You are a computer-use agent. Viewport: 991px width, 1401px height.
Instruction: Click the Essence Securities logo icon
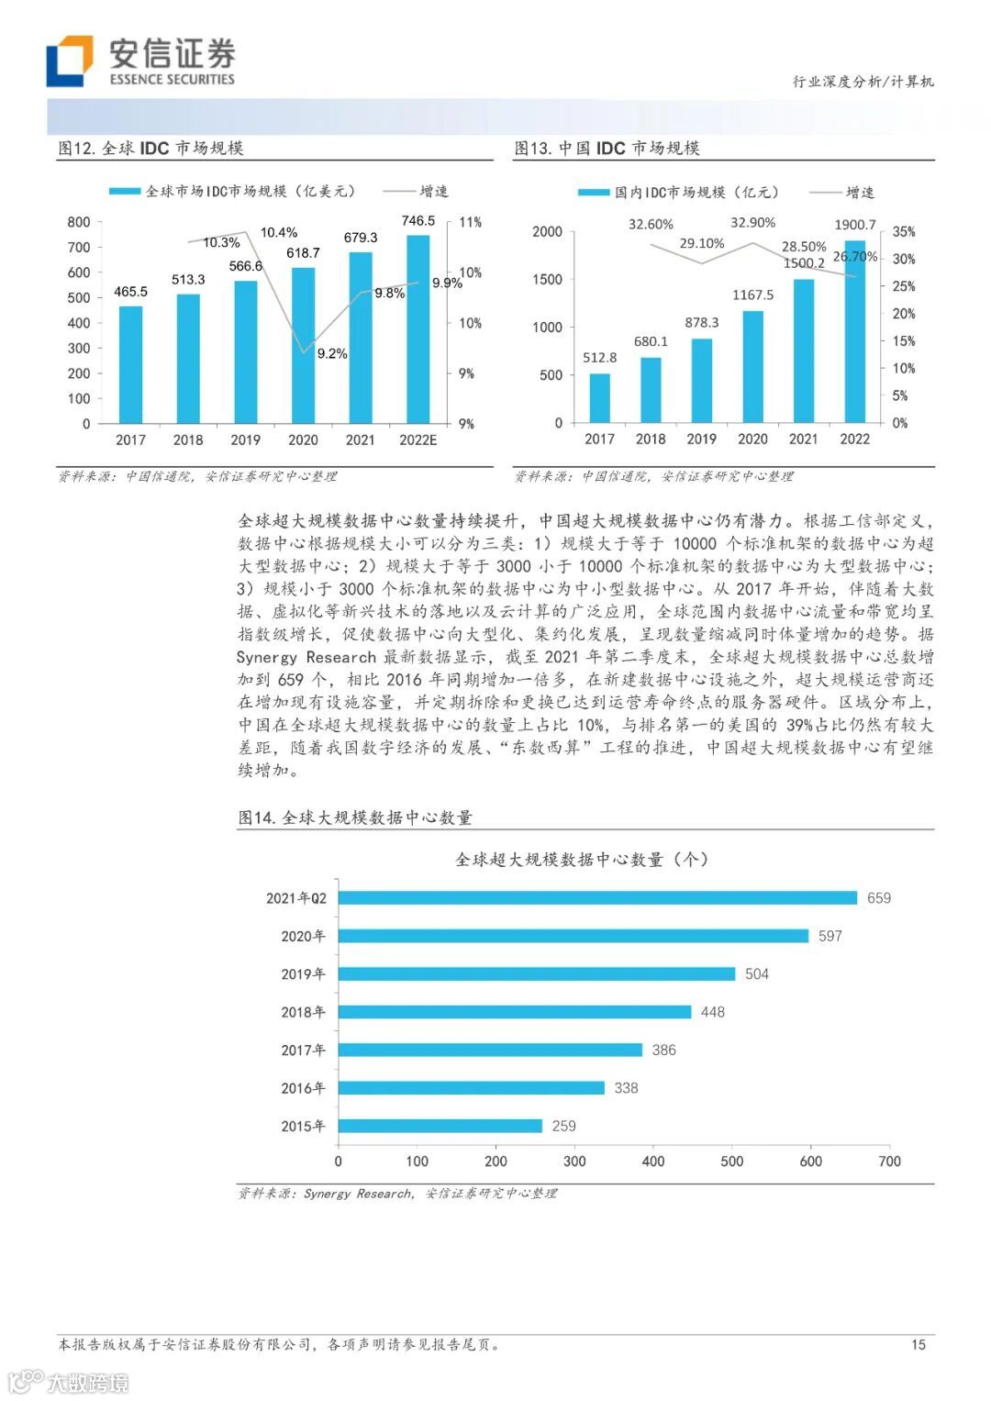click(70, 61)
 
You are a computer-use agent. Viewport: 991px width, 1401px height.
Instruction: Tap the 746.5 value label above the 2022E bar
click(418, 221)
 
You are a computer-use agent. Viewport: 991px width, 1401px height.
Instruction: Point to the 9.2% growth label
click(332, 354)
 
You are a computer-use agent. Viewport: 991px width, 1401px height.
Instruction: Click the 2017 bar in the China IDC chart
click(599, 398)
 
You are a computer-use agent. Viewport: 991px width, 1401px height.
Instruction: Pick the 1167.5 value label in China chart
click(752, 295)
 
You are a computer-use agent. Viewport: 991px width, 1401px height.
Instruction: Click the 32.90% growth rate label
click(752, 223)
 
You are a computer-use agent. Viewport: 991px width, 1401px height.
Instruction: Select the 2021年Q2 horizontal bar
click(597, 898)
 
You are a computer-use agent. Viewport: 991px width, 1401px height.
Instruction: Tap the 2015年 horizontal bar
click(440, 1126)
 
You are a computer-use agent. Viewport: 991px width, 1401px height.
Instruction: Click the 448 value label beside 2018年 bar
click(712, 1012)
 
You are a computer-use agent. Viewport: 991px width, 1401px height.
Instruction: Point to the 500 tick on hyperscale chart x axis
click(731, 1162)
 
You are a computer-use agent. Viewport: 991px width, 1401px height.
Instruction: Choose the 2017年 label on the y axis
click(303, 1051)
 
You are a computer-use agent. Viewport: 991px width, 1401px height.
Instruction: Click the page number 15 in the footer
click(918, 1345)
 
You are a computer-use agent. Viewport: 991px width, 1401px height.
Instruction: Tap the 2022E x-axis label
click(418, 440)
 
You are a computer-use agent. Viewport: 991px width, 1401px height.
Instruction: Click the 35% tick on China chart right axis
click(904, 232)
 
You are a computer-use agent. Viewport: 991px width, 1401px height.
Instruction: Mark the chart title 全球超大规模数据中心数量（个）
click(582, 860)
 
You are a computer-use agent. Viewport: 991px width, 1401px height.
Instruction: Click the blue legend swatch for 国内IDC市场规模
click(593, 193)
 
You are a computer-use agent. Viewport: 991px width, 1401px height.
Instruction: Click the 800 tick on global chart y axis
click(79, 222)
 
